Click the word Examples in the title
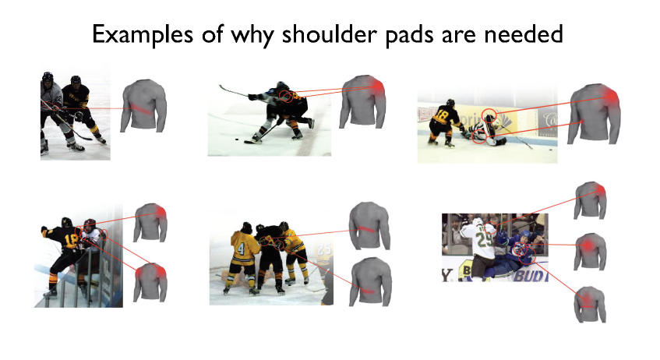pyautogui.click(x=143, y=34)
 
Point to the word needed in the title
pyautogui.click(x=523, y=34)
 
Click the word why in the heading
pyautogui.click(x=252, y=35)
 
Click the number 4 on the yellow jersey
pyautogui.click(x=241, y=249)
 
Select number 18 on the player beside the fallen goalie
pyautogui.click(x=443, y=114)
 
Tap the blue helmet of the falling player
pyautogui.click(x=525, y=234)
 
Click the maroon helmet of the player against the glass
pyautogui.click(x=90, y=223)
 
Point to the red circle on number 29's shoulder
pyautogui.click(x=490, y=228)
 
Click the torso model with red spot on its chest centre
pyautogui.click(x=590, y=252)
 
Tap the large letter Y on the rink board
pyautogui.click(x=446, y=275)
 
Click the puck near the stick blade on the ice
pyautogui.click(x=238, y=139)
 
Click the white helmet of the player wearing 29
pyautogui.click(x=478, y=221)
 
